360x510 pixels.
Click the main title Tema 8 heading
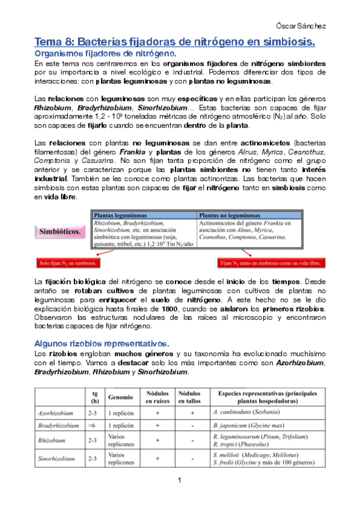[x=174, y=43]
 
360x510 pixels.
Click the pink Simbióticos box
[x=61, y=230]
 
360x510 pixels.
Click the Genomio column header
[x=121, y=398]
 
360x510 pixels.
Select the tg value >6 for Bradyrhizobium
[x=92, y=425]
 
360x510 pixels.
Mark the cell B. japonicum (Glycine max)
[x=247, y=425]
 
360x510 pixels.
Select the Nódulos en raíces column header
[x=157, y=398]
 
